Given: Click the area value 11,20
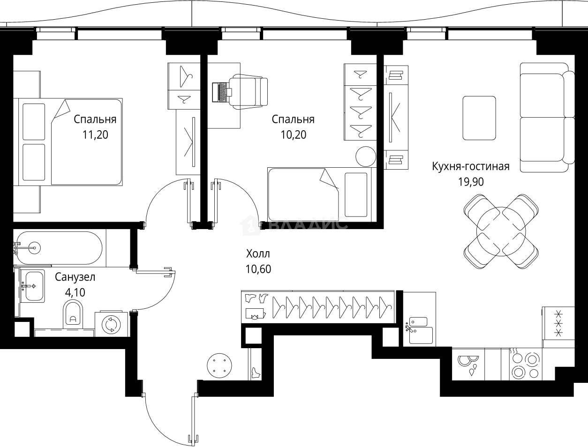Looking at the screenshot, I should point(95,135).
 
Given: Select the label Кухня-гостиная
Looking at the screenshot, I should point(470,166).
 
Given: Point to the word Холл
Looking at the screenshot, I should point(258,254).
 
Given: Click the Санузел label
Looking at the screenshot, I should point(75,277).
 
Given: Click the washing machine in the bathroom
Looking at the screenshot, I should point(112,324).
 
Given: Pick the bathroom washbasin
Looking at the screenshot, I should point(32,285).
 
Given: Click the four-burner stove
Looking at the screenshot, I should point(525,366).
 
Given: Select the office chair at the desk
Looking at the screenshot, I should point(248,91).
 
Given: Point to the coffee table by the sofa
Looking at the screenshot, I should point(479,118).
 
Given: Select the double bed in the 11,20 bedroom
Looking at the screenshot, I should point(70,141).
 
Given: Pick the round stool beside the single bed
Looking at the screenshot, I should point(365,156).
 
